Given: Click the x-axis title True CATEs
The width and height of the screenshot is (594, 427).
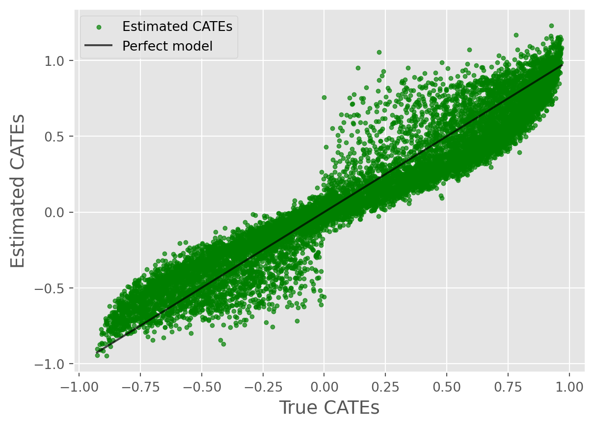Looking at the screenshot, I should coord(329,408).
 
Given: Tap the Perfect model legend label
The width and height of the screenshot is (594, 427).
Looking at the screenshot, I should coord(167,46).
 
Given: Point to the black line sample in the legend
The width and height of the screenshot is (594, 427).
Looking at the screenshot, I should coord(99,46).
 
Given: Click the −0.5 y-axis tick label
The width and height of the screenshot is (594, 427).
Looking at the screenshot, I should coord(54,288).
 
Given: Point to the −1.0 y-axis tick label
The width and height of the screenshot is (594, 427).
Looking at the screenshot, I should coord(54,364).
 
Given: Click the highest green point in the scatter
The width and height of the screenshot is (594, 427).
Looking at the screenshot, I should coord(551,26).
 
